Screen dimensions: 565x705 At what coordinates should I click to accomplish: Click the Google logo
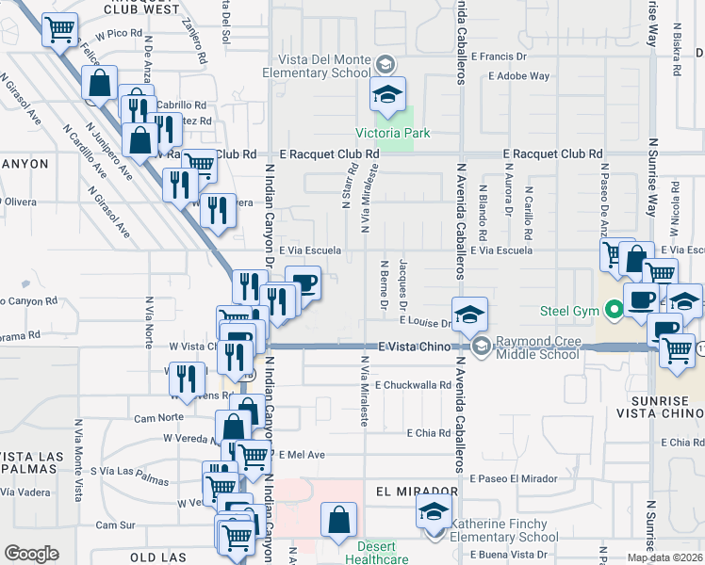pyautogui.click(x=30, y=554)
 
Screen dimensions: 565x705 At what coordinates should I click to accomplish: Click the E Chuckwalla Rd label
pyautogui.click(x=414, y=384)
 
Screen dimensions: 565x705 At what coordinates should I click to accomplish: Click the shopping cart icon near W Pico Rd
pyautogui.click(x=60, y=29)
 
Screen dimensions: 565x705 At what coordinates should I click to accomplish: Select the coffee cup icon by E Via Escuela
pyautogui.click(x=303, y=282)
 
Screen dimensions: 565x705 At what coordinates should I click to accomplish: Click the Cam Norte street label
pyautogui.click(x=158, y=416)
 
